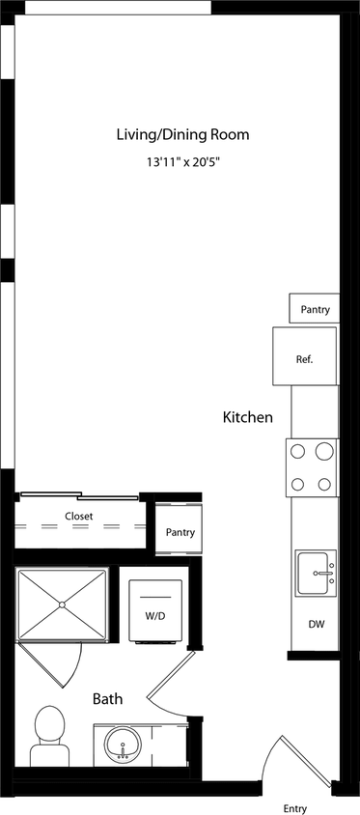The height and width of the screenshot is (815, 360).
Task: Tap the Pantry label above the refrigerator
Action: coord(315,310)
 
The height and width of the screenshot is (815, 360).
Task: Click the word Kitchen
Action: coord(248,418)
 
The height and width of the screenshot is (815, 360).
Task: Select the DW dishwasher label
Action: coord(316,625)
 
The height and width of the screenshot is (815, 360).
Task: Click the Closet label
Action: coord(79,517)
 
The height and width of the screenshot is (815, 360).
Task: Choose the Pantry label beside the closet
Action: coord(180,532)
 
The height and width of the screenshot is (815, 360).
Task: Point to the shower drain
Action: coord(63,605)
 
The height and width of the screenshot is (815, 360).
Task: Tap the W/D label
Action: coord(155,614)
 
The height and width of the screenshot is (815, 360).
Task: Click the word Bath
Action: coord(107,698)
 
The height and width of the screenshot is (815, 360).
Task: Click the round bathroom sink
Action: coord(123,746)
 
